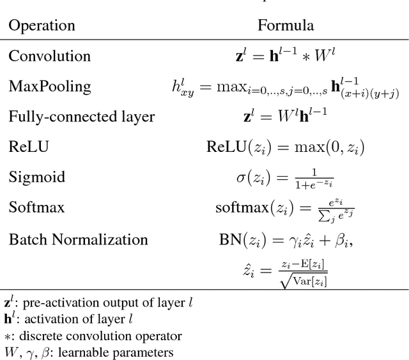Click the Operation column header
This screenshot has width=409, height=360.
coord(42,26)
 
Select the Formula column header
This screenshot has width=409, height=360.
coord(286,26)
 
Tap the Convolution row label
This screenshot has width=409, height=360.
coord(49,56)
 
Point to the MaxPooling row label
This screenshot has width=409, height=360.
coord(50,86)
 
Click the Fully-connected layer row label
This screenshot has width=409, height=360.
coord(81,117)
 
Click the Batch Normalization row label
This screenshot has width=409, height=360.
coord(78,240)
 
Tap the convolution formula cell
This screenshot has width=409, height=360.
coord(286,56)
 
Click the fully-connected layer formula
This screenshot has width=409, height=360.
coord(286,117)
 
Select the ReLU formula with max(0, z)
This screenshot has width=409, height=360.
coord(286,147)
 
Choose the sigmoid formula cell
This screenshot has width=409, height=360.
coord(286,177)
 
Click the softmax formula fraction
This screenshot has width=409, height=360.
coord(286,208)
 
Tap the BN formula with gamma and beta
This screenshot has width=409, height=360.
coord(286,240)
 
